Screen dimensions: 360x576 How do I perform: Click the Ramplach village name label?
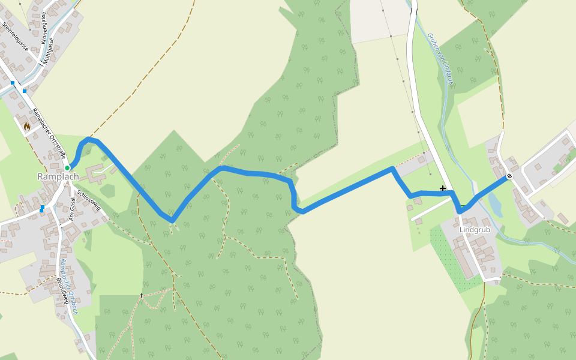pos(58,176)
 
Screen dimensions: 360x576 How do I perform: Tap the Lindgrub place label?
pos(475,230)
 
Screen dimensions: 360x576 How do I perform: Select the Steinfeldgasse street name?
pos(16,38)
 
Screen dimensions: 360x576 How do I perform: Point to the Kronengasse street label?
pos(46,28)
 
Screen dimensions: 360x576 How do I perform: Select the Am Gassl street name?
pos(74,211)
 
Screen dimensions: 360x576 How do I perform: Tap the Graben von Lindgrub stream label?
pos(440,60)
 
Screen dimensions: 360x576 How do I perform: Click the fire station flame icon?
pos(26,127)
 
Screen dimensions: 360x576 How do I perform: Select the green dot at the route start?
pos(68,168)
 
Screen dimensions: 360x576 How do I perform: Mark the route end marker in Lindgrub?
pos(509,176)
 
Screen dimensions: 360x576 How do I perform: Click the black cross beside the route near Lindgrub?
pos(443,188)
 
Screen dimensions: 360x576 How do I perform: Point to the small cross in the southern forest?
pos(142,295)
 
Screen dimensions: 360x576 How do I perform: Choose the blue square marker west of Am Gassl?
pos(42,209)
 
